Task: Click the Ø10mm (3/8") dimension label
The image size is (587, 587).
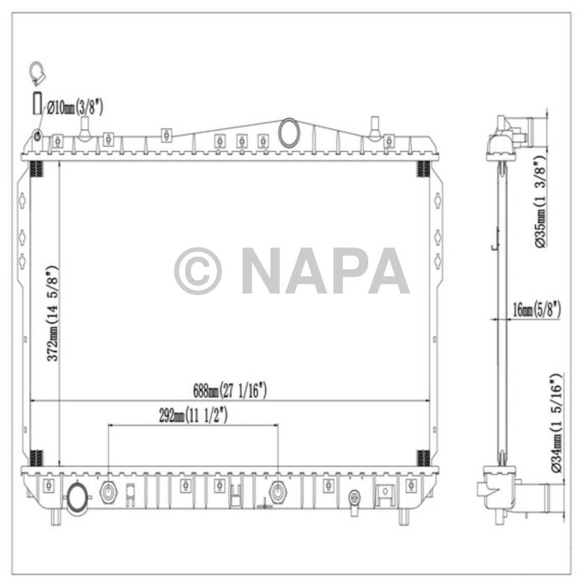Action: point(75,106)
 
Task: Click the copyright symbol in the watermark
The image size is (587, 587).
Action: point(198,270)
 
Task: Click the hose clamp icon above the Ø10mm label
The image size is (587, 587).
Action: point(36,74)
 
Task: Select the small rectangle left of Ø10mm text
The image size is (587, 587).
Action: point(36,106)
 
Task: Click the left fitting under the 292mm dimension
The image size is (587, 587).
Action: point(108,491)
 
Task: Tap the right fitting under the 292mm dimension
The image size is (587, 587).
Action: point(278,491)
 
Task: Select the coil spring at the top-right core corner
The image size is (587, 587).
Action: point(424,169)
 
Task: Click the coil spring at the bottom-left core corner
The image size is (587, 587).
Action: point(36,458)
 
